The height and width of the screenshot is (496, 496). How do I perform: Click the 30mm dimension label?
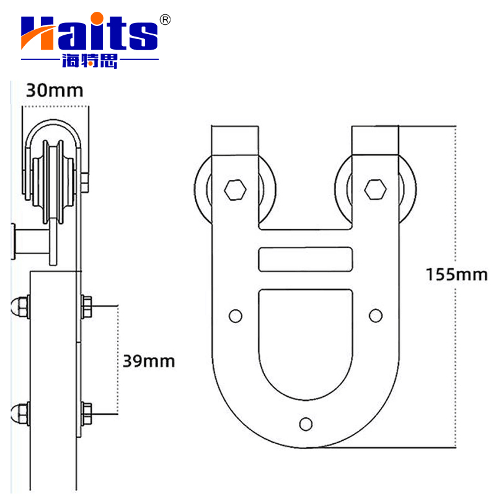(x=54, y=91)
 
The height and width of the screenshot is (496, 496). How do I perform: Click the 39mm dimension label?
(x=147, y=361)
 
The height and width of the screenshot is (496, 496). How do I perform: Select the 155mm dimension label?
(x=456, y=274)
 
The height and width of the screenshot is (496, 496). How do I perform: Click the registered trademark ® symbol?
(x=165, y=20)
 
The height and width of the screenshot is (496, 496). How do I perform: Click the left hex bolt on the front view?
(x=236, y=189)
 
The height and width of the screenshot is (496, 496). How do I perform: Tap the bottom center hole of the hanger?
(x=305, y=423)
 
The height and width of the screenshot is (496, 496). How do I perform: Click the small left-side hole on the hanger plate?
(x=235, y=316)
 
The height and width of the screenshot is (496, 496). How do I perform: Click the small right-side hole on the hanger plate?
(x=376, y=316)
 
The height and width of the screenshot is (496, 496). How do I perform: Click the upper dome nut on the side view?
(x=19, y=306)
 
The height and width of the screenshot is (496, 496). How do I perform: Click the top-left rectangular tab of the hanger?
(x=234, y=141)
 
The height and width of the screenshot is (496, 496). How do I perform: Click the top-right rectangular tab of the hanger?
(x=375, y=141)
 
